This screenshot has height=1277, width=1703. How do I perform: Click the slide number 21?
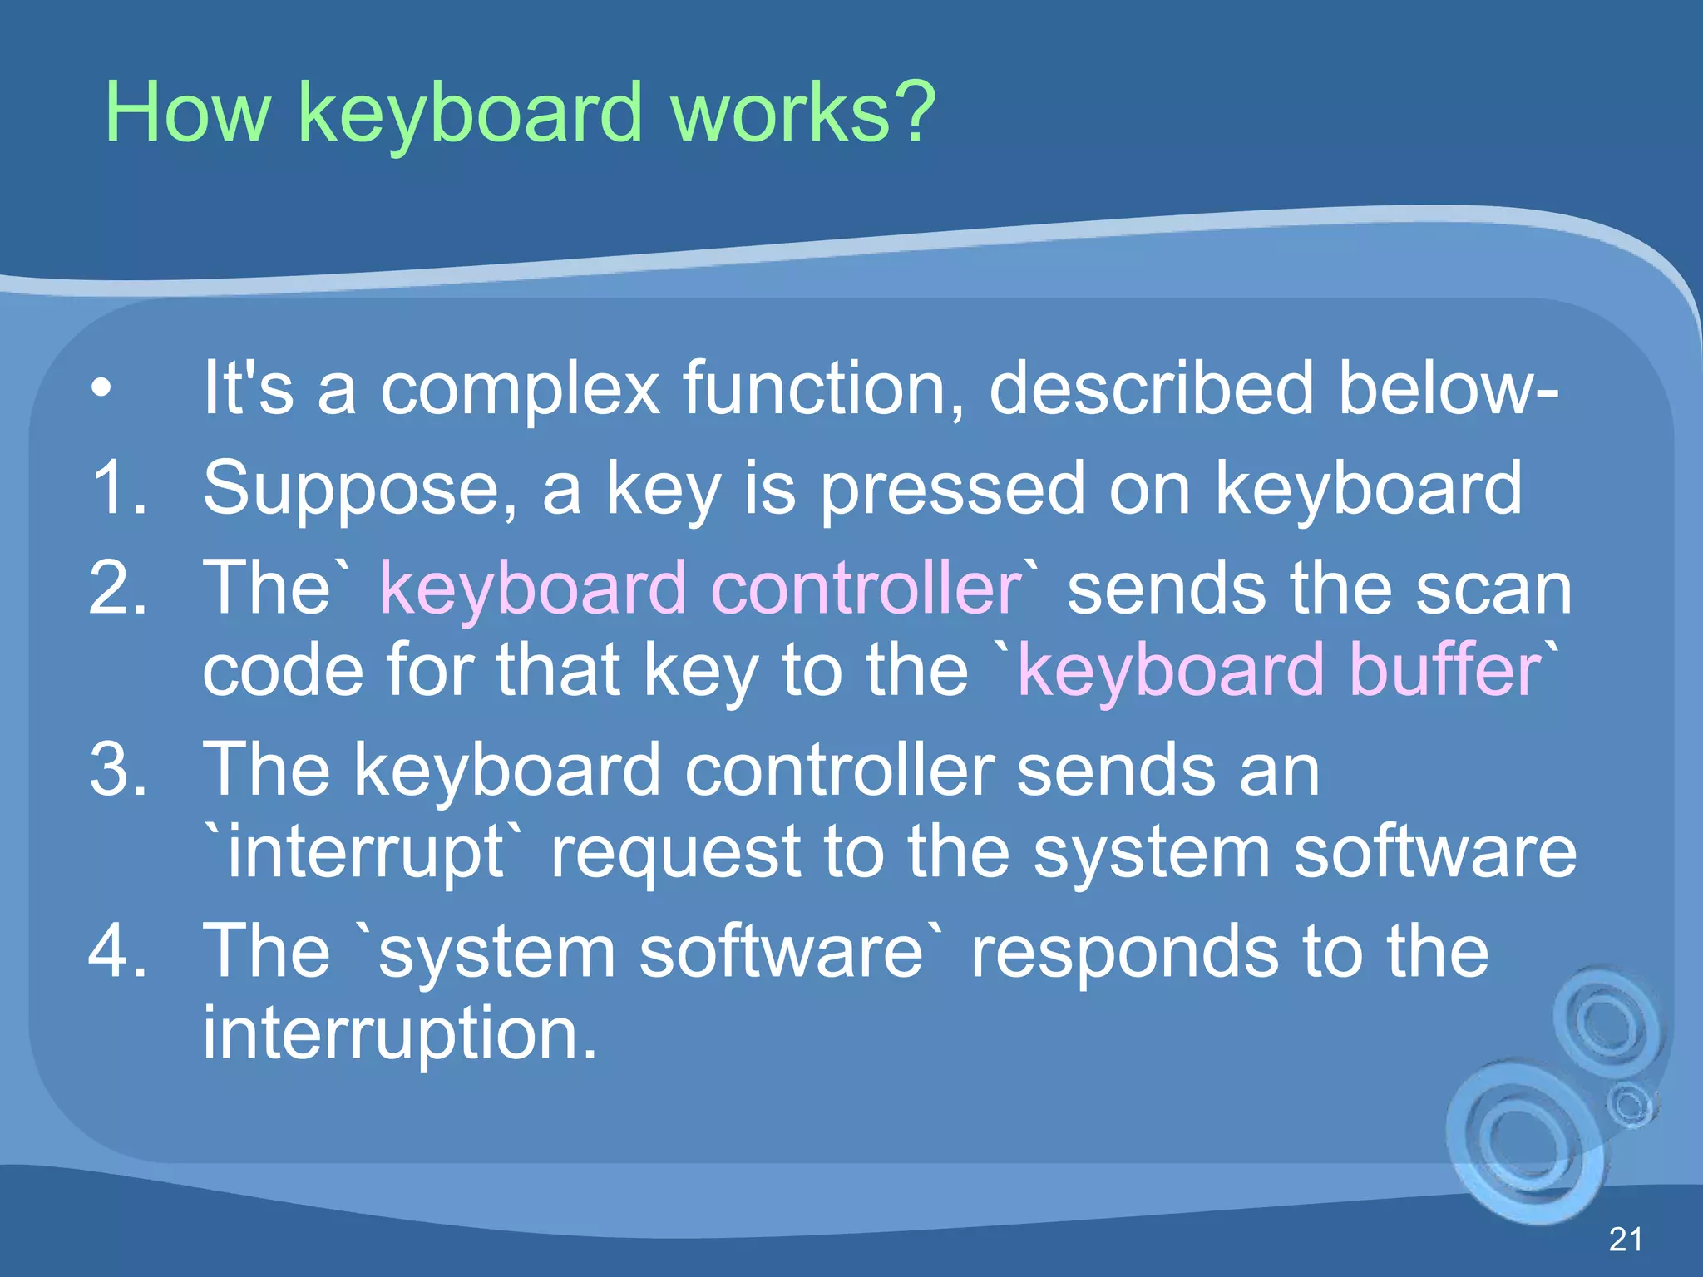(x=1625, y=1239)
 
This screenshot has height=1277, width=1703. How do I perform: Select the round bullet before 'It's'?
(x=101, y=388)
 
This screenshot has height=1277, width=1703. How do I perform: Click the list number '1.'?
(x=120, y=488)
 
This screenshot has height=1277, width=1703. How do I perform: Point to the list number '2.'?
(x=120, y=588)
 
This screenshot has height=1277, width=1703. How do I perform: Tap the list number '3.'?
(x=120, y=770)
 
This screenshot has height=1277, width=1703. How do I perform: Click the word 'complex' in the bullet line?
(x=520, y=391)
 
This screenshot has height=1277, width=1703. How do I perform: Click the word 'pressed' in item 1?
(x=953, y=491)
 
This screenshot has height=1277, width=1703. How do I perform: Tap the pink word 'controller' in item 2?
(x=865, y=588)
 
